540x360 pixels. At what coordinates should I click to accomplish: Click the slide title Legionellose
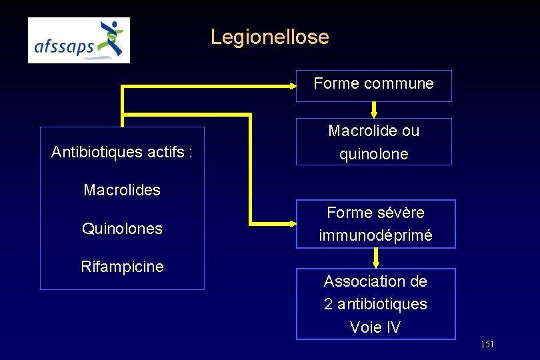pyautogui.click(x=269, y=37)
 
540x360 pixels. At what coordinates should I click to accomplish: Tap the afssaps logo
pyautogui.click(x=79, y=40)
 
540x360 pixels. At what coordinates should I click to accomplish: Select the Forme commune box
pyautogui.click(x=373, y=85)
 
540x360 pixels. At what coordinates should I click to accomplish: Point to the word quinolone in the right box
pyautogui.click(x=373, y=155)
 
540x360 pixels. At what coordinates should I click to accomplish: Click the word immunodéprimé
pyautogui.click(x=375, y=235)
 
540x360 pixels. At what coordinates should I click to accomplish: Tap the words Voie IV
pyautogui.click(x=375, y=327)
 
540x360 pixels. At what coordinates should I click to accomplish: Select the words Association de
pyautogui.click(x=375, y=281)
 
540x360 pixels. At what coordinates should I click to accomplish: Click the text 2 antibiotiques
pyautogui.click(x=375, y=304)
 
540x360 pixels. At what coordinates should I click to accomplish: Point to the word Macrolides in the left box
pyautogui.click(x=122, y=190)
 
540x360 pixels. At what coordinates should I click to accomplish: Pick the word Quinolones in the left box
pyautogui.click(x=122, y=229)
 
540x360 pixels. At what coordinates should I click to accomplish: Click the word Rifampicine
pyautogui.click(x=122, y=267)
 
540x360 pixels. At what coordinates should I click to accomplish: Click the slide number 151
pyautogui.click(x=487, y=344)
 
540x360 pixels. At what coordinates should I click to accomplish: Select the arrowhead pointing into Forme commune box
pyautogui.click(x=292, y=85)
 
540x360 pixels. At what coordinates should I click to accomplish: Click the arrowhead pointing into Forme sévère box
pyautogui.click(x=291, y=223)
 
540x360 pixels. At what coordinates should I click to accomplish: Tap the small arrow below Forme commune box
pyautogui.click(x=374, y=109)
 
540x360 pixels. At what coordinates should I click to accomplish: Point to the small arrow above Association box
pyautogui.click(x=376, y=258)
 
